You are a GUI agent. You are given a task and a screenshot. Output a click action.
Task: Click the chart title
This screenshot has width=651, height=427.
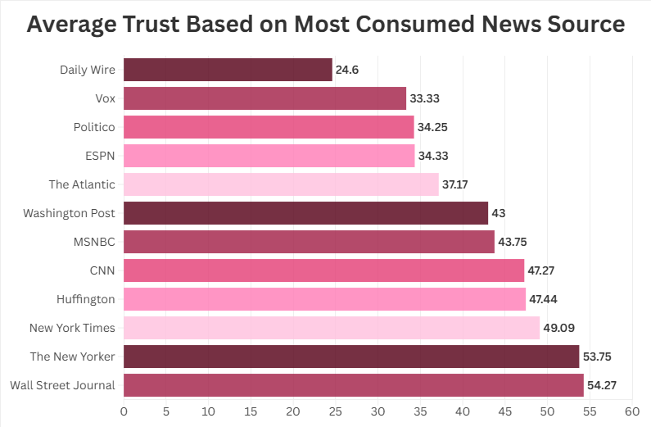(x=325, y=25)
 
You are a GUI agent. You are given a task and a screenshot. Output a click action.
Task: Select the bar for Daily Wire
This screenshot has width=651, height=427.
(x=228, y=70)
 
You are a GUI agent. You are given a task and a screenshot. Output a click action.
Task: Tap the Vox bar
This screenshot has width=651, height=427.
(x=264, y=98)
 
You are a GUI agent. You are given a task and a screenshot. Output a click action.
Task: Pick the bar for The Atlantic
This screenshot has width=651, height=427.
(x=281, y=184)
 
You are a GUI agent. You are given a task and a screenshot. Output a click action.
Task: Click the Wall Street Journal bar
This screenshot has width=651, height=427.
(x=353, y=385)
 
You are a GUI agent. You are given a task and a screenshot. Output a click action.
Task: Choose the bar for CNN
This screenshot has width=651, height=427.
(x=323, y=270)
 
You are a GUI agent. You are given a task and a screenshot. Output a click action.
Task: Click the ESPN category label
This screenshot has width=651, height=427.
(x=99, y=156)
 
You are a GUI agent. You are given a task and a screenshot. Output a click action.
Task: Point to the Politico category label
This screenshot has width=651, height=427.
(x=94, y=127)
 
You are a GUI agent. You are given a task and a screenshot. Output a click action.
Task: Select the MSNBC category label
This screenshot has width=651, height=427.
(x=94, y=242)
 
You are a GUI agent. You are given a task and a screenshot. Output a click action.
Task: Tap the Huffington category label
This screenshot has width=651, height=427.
(x=86, y=299)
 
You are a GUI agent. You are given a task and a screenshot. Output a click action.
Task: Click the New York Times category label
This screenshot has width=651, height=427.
(x=72, y=328)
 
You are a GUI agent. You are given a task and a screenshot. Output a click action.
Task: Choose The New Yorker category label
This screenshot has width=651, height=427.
(x=73, y=357)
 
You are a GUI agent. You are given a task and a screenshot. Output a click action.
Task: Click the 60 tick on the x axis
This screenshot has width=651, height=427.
(x=631, y=409)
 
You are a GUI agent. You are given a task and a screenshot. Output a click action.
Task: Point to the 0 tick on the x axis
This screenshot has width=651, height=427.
(x=124, y=409)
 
